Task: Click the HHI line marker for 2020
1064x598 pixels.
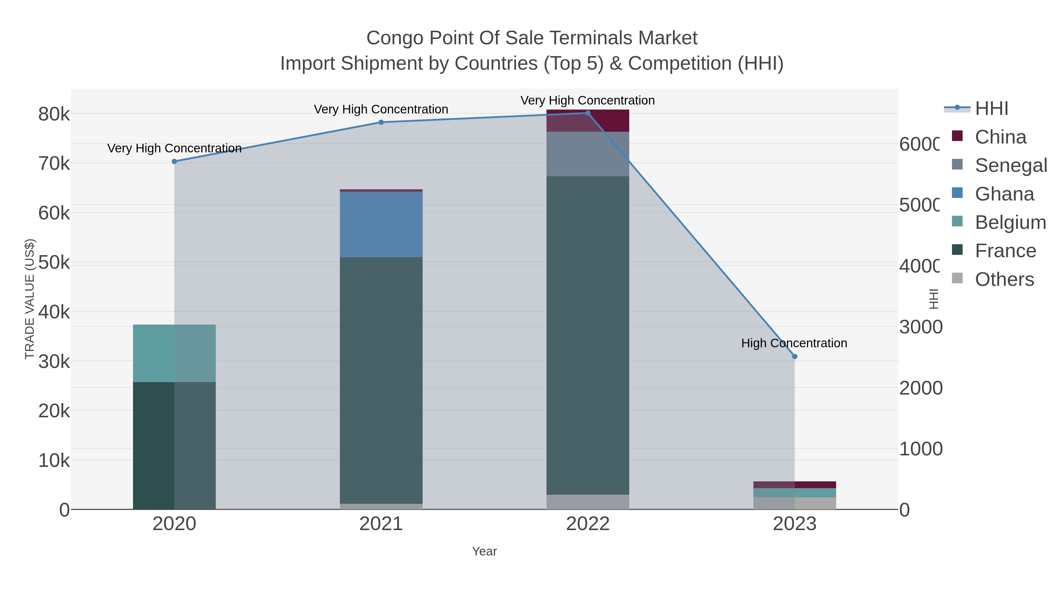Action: (x=174, y=161)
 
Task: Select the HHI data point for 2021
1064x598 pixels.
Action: (x=381, y=122)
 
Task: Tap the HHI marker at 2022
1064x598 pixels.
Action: (x=588, y=113)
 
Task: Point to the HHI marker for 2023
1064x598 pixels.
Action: (x=794, y=356)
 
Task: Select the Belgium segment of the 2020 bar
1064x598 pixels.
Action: (x=174, y=353)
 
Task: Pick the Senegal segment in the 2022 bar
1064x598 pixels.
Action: (x=588, y=154)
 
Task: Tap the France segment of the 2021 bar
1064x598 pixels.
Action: (x=381, y=380)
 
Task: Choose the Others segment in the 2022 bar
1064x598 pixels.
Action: (x=588, y=502)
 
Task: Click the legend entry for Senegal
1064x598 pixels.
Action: (x=1010, y=165)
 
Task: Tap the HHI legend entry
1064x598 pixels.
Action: (x=991, y=109)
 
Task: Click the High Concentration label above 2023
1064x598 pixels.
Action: (x=794, y=343)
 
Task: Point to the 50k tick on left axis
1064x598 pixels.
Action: (x=54, y=263)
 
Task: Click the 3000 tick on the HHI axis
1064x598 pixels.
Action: (x=920, y=327)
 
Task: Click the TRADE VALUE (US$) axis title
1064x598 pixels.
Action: (x=30, y=299)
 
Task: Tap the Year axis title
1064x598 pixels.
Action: (x=484, y=551)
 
